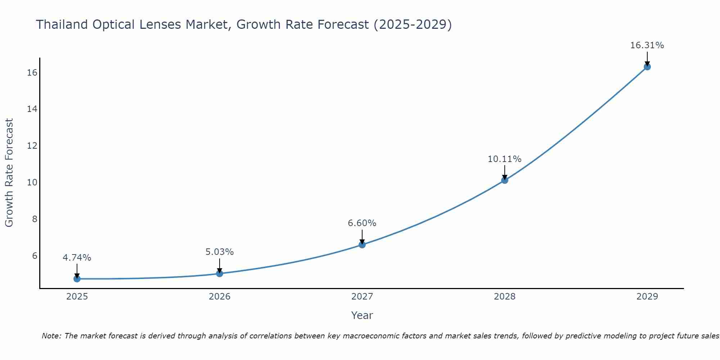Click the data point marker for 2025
[77, 279]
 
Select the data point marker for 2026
[220, 273]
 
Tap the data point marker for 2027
[362, 245]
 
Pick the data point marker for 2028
[505, 180]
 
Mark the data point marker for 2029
[647, 67]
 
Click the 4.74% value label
[77, 258]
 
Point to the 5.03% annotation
[220, 252]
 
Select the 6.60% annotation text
[362, 223]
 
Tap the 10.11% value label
[505, 159]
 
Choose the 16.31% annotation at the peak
[647, 45]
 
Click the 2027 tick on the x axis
[362, 297]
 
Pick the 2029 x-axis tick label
[647, 297]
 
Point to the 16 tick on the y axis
[32, 73]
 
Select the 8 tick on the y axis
[35, 219]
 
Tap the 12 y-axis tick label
[32, 146]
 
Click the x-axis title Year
[362, 315]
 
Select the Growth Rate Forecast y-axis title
[9, 173]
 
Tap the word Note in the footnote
[51, 336]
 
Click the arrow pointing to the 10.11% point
[505, 172]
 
